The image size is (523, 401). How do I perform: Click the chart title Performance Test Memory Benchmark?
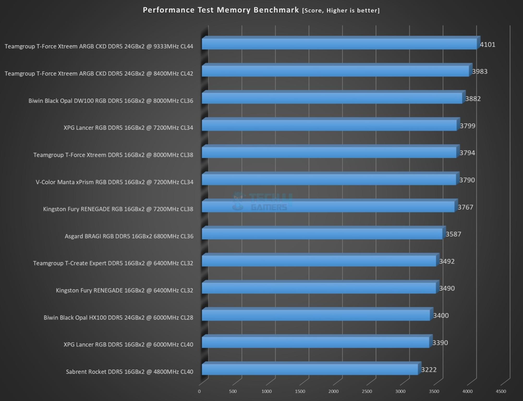pyautogui.click(x=221, y=10)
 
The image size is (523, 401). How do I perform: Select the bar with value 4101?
pyautogui.click(x=339, y=44)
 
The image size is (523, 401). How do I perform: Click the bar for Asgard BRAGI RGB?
pyautogui.click(x=322, y=234)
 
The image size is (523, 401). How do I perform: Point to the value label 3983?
pyautogui.click(x=479, y=72)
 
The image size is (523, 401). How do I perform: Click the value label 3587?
pyautogui.click(x=453, y=234)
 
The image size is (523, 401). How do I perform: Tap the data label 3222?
pyautogui.click(x=429, y=370)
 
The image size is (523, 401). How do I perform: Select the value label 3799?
pyautogui.click(x=467, y=126)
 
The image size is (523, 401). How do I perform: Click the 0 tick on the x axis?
pyautogui.click(x=199, y=391)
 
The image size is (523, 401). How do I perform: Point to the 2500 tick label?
pyautogui.click(x=367, y=391)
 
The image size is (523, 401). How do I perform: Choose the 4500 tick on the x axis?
pyautogui.click(x=501, y=391)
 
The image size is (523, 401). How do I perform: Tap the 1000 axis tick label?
pyautogui.click(x=266, y=391)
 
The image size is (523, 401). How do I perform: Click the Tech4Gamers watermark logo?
pyautogui.click(x=262, y=202)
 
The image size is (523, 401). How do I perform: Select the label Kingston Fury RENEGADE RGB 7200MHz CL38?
pyautogui.click(x=118, y=209)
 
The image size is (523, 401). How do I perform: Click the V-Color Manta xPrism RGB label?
pyautogui.click(x=114, y=182)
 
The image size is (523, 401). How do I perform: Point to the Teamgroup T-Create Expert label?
pyautogui.click(x=113, y=263)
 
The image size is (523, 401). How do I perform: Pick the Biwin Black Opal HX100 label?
pyautogui.click(x=118, y=317)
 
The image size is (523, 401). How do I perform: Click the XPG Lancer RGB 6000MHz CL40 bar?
pyautogui.click(x=315, y=342)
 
